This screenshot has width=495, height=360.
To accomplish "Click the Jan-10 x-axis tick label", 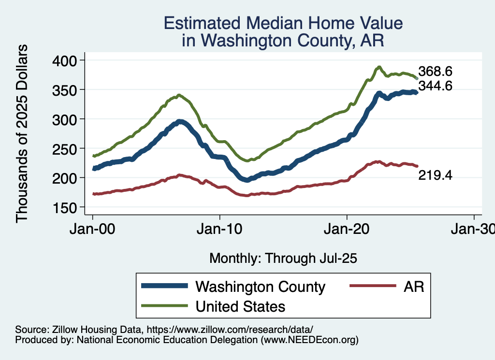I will point(219,229).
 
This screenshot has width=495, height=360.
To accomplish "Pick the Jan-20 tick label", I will point(347,229).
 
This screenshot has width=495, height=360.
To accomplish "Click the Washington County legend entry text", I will point(260,287).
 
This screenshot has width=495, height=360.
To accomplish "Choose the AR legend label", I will point(414,287).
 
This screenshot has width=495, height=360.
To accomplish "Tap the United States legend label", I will point(240,306).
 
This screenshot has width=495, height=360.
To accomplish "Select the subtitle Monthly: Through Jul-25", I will point(283,259).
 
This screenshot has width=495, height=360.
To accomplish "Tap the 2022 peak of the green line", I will point(379,67).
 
